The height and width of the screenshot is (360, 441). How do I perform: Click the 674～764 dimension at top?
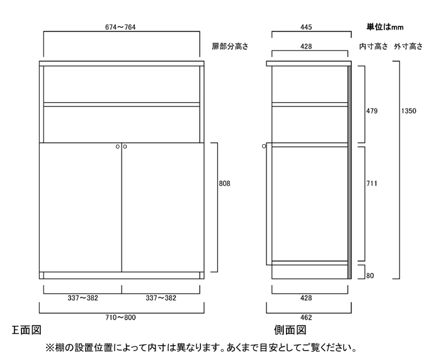(x=120, y=27)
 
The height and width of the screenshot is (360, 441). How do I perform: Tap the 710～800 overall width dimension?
(x=120, y=318)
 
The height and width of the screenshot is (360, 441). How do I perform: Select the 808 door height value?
(x=224, y=183)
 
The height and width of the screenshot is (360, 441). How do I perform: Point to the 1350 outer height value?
(x=408, y=111)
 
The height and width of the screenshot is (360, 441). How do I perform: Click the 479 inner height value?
(x=372, y=111)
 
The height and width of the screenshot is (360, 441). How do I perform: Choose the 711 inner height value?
(x=372, y=183)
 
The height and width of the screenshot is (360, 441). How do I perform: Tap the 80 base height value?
(x=370, y=276)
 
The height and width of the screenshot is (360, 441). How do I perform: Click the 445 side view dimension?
(x=306, y=27)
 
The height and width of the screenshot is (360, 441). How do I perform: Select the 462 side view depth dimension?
(x=306, y=318)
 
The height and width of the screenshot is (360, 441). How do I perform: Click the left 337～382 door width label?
(x=83, y=298)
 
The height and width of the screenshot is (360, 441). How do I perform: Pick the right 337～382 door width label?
(x=161, y=298)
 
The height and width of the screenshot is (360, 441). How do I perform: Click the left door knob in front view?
(x=118, y=147)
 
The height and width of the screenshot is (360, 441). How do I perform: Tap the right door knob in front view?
(x=125, y=147)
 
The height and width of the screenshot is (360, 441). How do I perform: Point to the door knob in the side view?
(x=264, y=146)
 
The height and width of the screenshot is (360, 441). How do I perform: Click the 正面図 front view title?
(x=26, y=330)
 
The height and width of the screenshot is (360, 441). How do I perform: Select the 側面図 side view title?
(x=290, y=330)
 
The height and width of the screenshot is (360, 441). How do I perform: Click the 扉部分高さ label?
(x=230, y=47)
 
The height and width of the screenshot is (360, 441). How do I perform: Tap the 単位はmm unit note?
(x=385, y=27)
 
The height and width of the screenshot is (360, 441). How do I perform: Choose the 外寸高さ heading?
(x=408, y=47)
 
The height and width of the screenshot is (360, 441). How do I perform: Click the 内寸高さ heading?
(x=374, y=47)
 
